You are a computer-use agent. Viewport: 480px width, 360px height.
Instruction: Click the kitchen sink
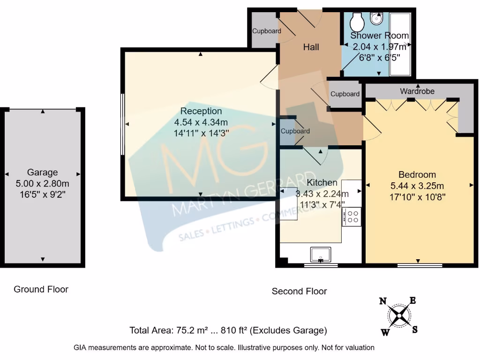tap(321, 255)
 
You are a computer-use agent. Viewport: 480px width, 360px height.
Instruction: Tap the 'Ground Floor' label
tap(41, 289)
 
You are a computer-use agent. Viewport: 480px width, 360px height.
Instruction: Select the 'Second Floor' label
tap(299, 291)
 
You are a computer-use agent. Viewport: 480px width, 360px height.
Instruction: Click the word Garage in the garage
tap(42, 172)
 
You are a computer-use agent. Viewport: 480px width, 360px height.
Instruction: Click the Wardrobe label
tap(417, 91)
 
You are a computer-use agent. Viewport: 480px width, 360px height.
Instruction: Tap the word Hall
tap(311, 47)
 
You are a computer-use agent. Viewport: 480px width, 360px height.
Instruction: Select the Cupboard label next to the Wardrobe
tap(345, 94)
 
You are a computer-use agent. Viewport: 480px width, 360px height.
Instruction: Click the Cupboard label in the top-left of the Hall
tap(267, 31)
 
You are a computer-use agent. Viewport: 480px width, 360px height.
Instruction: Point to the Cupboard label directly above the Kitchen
tap(295, 131)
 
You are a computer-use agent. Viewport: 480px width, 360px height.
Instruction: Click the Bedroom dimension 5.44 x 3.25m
tap(417, 186)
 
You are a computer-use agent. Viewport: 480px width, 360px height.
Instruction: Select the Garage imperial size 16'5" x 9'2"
tap(42, 194)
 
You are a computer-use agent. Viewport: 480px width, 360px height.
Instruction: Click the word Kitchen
tap(322, 182)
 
